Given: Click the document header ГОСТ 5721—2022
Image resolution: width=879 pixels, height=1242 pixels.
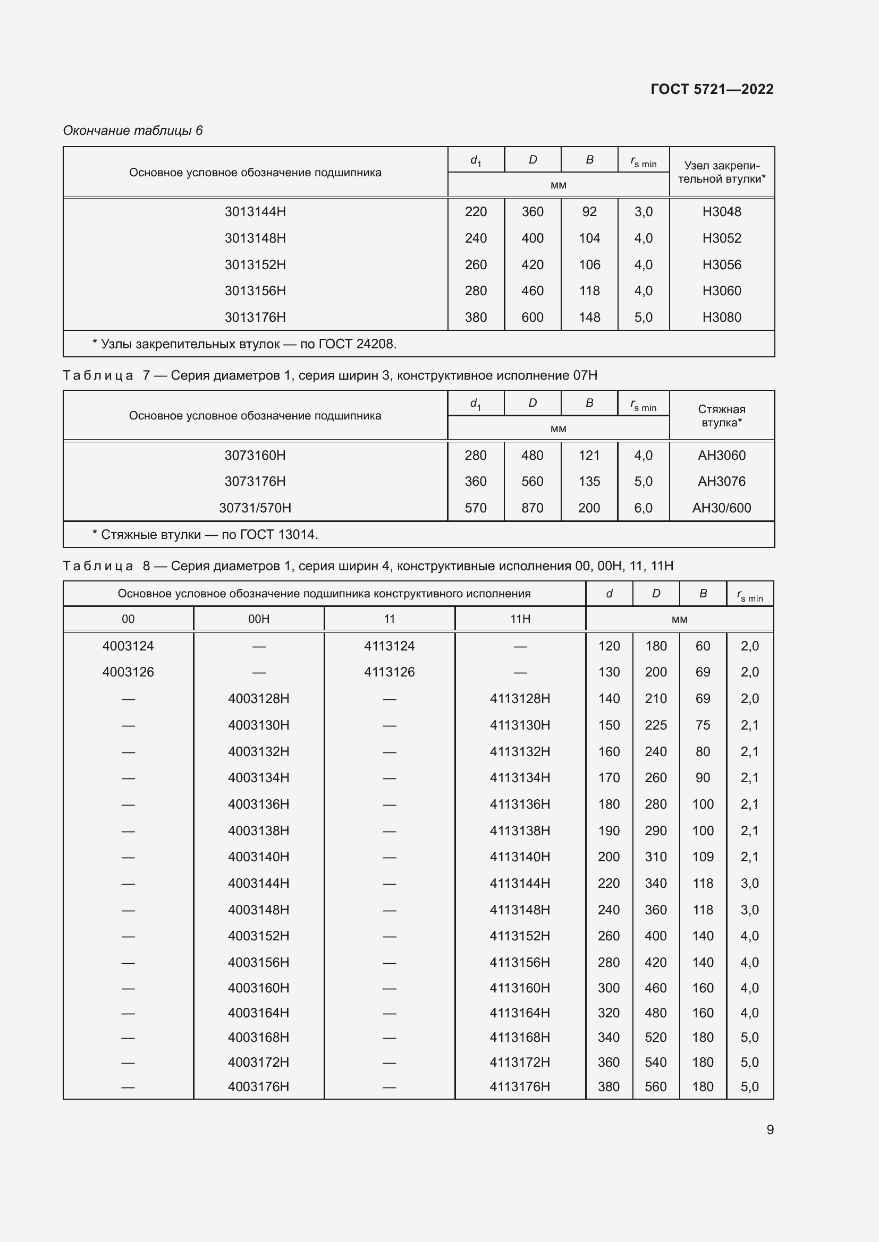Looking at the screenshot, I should click(712, 89).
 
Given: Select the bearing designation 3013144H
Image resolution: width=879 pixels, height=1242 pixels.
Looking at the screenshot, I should click(255, 211).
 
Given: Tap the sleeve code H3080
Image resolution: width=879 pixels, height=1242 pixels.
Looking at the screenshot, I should click(722, 317).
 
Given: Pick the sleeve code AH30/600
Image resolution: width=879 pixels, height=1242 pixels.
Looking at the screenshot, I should click(722, 508).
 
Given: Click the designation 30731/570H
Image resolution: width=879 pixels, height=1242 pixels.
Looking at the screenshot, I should click(255, 508).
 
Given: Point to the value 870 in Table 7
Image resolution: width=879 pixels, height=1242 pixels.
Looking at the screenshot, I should click(532, 508).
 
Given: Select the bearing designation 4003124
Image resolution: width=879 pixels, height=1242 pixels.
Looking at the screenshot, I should click(128, 646).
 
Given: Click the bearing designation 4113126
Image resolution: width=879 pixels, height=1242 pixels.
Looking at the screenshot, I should click(389, 672).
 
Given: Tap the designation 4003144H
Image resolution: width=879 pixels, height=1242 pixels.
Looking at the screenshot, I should click(259, 884).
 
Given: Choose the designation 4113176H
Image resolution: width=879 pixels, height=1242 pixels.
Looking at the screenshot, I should click(520, 1087).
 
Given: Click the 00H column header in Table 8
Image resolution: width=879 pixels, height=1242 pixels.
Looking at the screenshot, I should click(259, 619).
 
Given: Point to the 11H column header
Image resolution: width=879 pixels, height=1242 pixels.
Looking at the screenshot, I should click(520, 619).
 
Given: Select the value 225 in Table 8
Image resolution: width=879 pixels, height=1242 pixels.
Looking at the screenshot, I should click(655, 725).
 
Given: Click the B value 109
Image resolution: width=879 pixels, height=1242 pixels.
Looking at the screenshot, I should click(703, 857).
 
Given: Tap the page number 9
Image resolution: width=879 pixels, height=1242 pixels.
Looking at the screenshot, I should click(770, 1129).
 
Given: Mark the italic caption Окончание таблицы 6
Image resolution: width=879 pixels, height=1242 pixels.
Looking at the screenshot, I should click(133, 131).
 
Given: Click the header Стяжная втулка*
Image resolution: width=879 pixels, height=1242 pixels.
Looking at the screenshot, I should click(722, 415).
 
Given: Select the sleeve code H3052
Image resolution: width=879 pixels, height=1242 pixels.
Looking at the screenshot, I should click(722, 238).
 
